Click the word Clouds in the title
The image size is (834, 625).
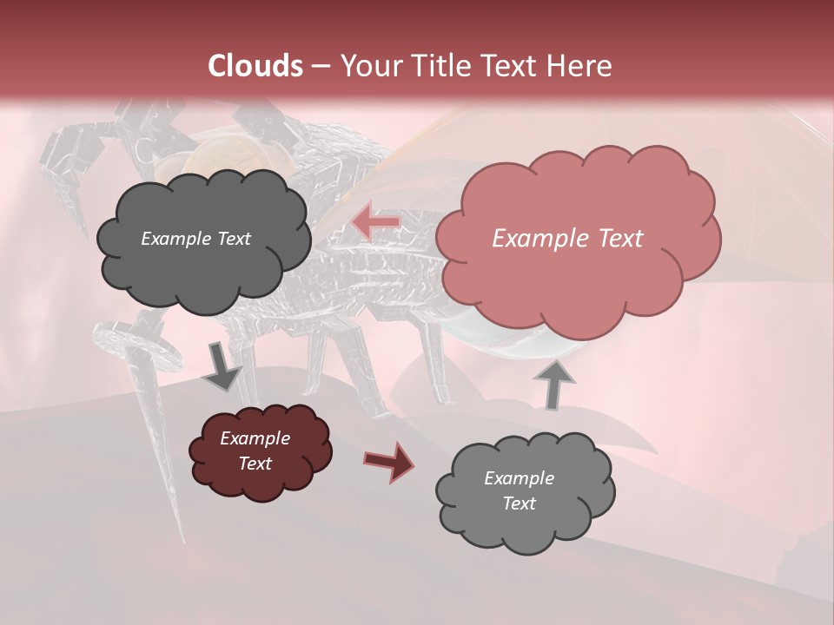[255, 66]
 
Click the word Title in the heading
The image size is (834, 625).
[439, 66]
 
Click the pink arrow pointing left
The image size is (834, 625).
[376, 222]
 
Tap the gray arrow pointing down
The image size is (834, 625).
[222, 367]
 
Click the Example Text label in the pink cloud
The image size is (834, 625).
[567, 239]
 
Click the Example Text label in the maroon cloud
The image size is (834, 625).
[255, 451]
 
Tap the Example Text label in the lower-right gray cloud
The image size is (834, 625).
[519, 490]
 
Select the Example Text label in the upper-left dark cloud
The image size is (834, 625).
[195, 239]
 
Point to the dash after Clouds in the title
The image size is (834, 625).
[319, 67]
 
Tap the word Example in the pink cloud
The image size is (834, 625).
[531, 239]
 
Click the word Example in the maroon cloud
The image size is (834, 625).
[255, 438]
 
